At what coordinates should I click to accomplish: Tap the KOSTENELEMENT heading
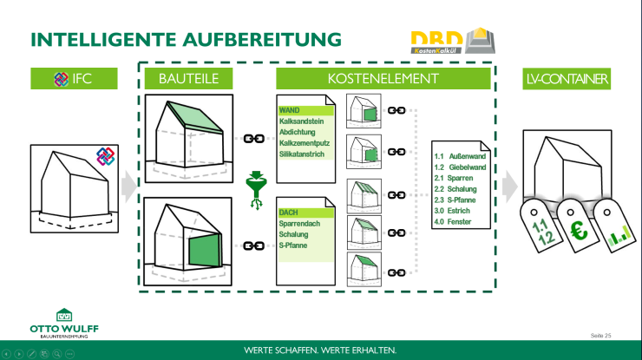tap(383, 79)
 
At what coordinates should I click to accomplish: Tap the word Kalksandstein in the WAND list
tap(302, 122)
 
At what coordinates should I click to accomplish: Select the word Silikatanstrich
tap(302, 154)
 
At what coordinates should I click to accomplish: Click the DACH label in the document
tap(289, 212)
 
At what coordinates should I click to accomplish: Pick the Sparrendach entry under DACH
tap(300, 223)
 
